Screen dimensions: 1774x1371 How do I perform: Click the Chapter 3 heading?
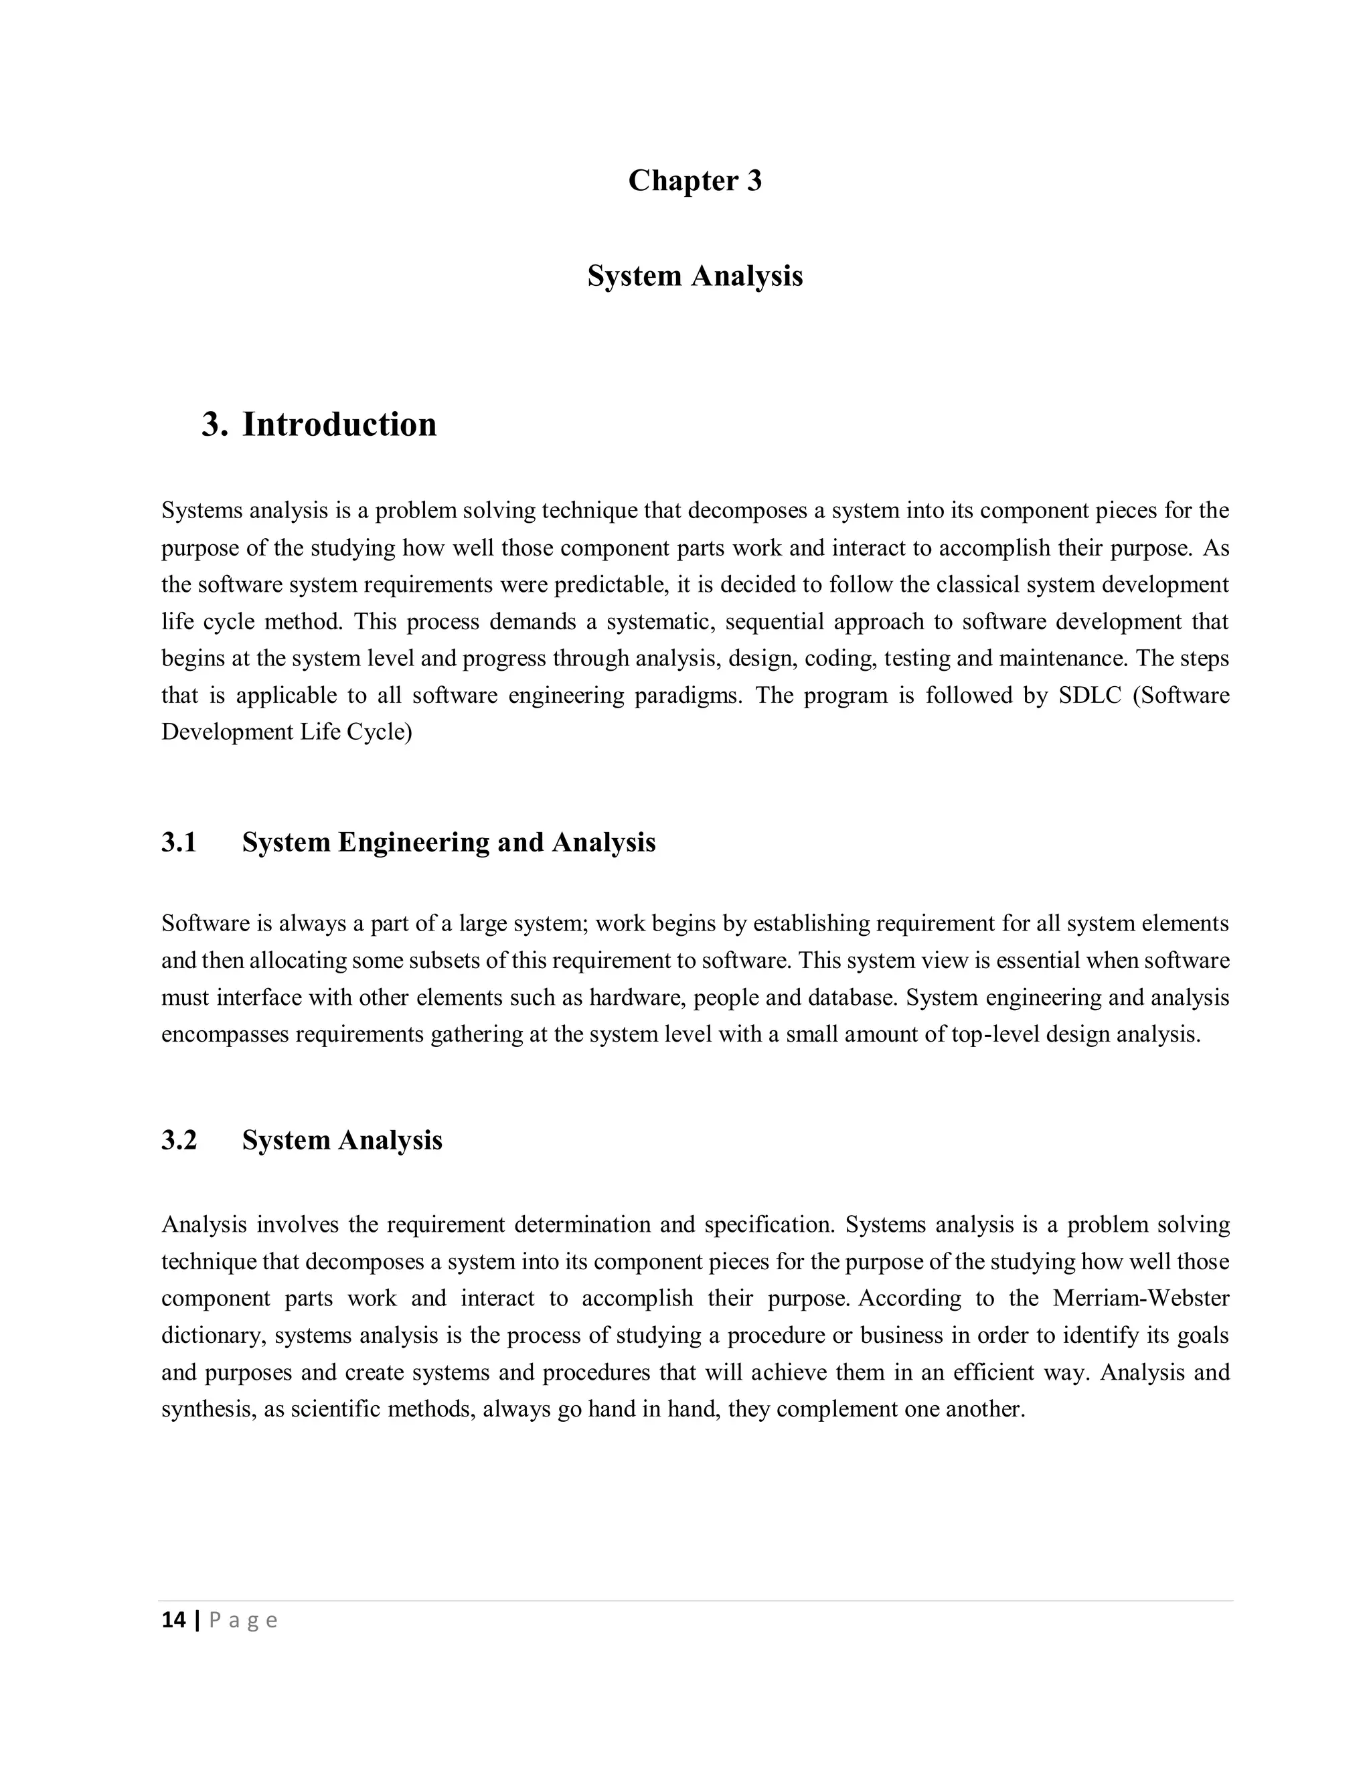click(x=694, y=180)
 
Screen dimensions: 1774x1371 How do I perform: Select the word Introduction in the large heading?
click(x=339, y=425)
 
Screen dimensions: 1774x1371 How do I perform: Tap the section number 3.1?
click(x=179, y=842)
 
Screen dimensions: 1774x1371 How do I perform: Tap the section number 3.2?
click(x=179, y=1141)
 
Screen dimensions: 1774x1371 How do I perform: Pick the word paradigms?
click(x=693, y=696)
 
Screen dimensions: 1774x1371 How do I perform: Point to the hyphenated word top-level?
click(x=994, y=1035)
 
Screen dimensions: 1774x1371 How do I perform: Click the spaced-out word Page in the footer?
click(x=243, y=1621)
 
